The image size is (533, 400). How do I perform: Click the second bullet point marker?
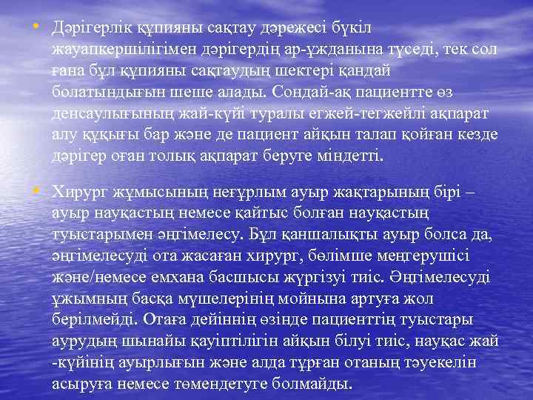click(x=36, y=190)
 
